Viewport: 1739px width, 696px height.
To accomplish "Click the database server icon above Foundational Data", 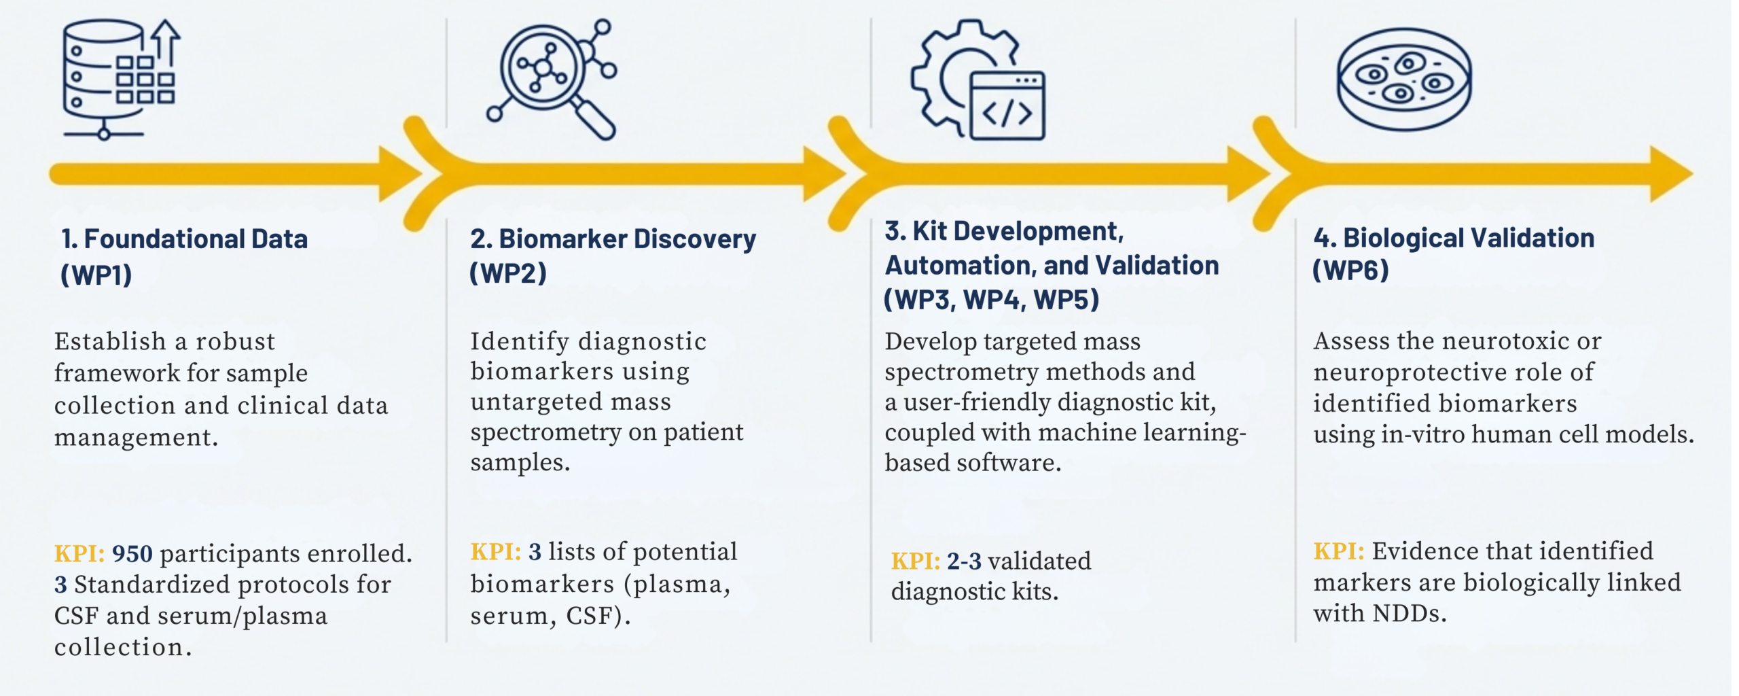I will click(119, 78).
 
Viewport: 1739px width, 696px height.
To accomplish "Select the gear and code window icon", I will click(978, 80).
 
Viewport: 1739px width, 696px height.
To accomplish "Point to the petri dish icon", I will click(1404, 79).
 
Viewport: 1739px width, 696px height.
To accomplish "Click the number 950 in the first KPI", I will click(132, 554).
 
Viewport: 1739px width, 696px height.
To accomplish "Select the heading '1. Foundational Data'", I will click(184, 239).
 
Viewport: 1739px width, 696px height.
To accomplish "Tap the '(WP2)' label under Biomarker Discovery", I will click(508, 273).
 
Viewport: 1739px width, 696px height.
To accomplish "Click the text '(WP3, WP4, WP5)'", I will click(991, 299).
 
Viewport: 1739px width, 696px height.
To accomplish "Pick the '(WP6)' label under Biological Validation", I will click(1350, 271).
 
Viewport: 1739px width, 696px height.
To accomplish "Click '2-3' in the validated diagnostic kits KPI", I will click(964, 561).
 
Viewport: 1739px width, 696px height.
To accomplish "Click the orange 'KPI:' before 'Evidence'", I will click(1338, 551).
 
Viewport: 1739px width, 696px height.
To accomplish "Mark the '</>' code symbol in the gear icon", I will click(1007, 113).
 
